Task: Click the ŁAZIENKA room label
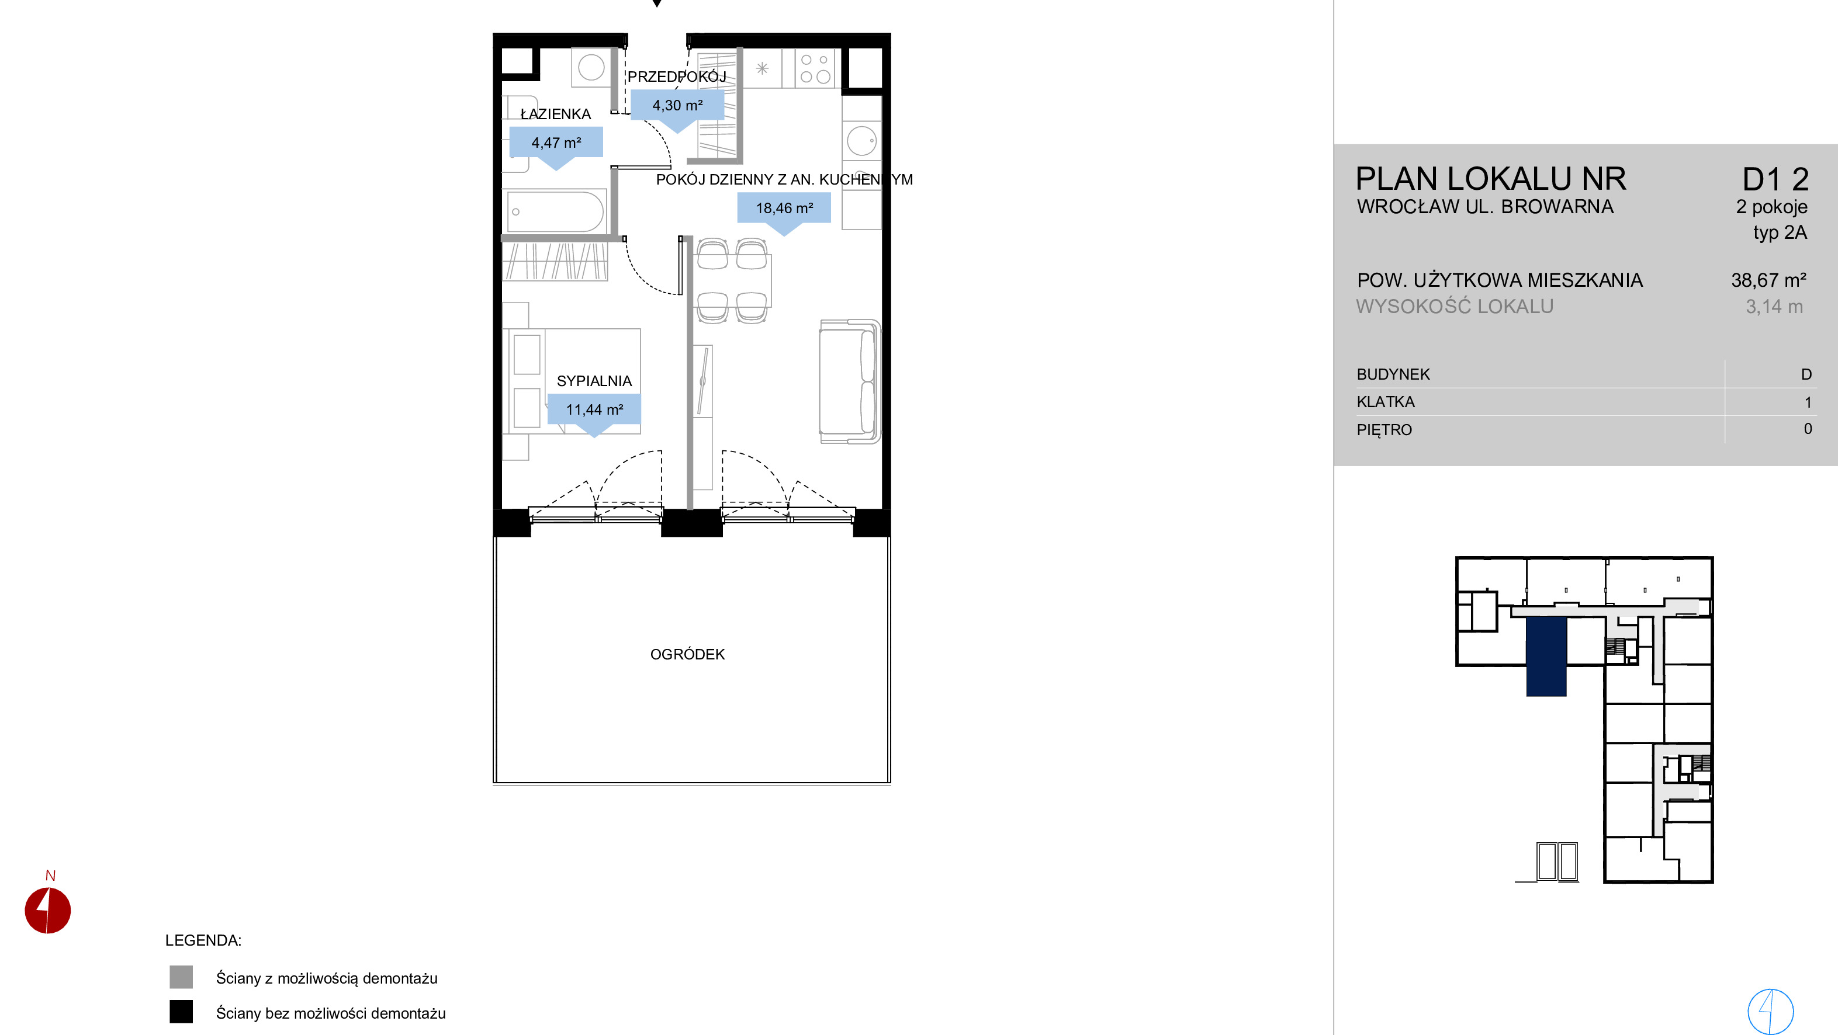tap(555, 114)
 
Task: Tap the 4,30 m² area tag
tap(677, 106)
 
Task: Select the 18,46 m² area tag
tap(784, 209)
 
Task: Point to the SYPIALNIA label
tap(594, 381)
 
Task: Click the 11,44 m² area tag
tap(594, 409)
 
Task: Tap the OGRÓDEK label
tap(687, 654)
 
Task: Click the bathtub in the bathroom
tap(555, 211)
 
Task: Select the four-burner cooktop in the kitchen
tap(815, 68)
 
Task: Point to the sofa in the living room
tap(849, 381)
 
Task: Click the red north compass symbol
tap(48, 910)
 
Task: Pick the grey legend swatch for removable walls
tap(181, 977)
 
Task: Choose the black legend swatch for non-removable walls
tap(181, 1012)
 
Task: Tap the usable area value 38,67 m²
tap(1769, 280)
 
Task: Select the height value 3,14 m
tap(1774, 307)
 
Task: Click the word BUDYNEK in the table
tap(1393, 374)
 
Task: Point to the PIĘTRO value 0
tap(1808, 429)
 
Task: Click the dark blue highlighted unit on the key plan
tap(1546, 657)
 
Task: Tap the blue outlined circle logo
tap(1770, 1010)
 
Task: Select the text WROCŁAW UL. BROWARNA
tap(1485, 207)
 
